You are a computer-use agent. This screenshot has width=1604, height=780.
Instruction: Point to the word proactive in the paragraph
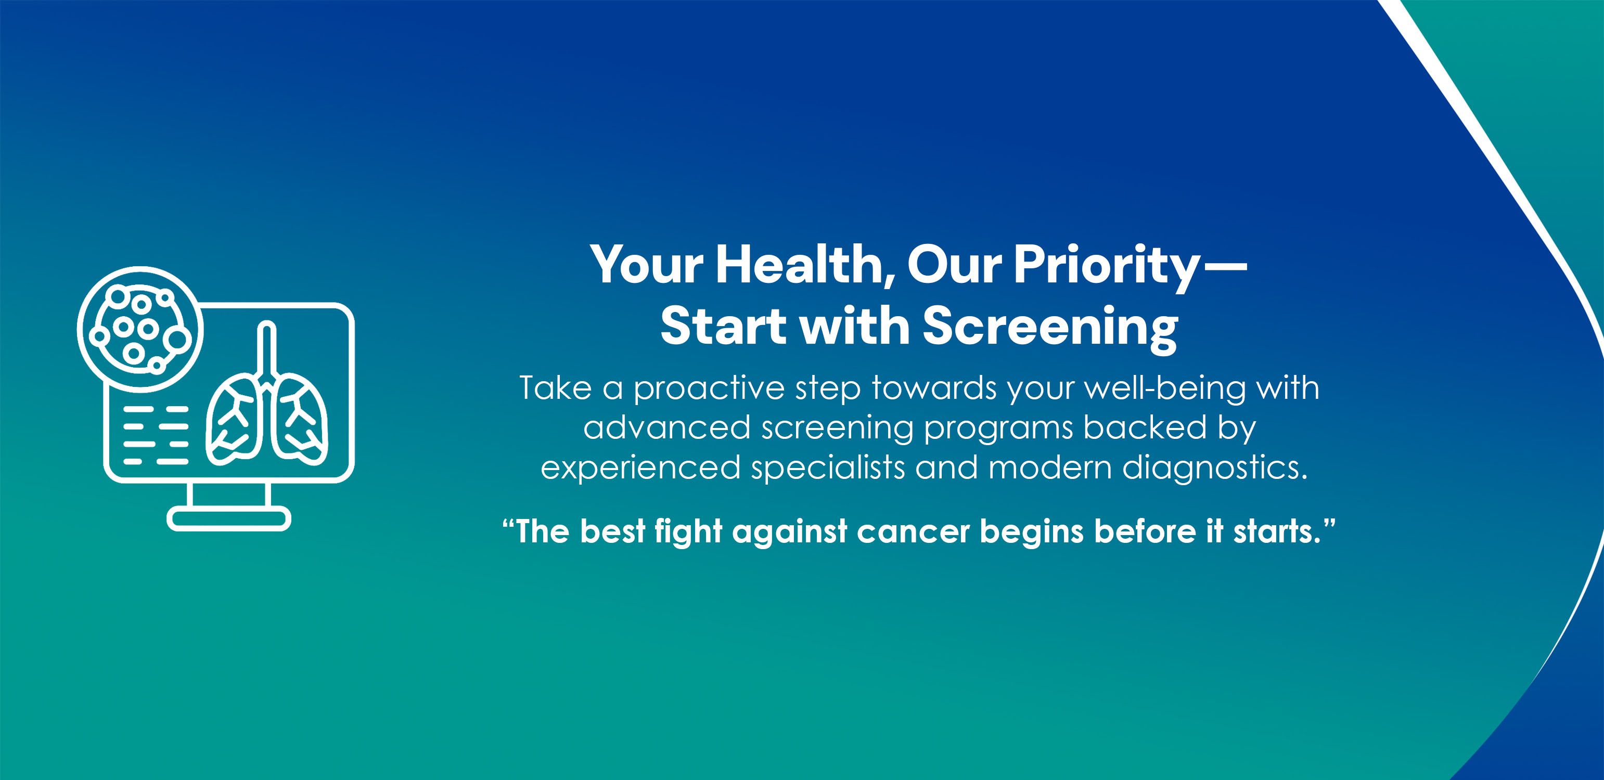(x=709, y=389)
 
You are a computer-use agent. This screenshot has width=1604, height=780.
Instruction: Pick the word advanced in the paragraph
(x=667, y=428)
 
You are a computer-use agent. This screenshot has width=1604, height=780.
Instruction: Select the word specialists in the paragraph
(x=828, y=468)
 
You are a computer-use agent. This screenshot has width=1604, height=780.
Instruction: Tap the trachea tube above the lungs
(x=267, y=352)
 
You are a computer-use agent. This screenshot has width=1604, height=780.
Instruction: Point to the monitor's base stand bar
(x=228, y=519)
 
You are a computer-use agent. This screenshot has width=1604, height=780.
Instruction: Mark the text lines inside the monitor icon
(x=156, y=436)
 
